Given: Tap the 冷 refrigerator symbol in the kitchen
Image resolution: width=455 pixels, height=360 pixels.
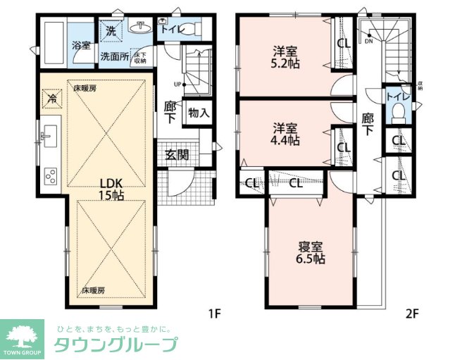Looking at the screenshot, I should (x=51, y=99).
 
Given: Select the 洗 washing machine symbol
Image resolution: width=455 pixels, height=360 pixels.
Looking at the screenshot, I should (x=111, y=30).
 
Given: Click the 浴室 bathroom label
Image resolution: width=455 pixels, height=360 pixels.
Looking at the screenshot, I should (x=80, y=46).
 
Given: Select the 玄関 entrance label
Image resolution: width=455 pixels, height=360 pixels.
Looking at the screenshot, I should (x=177, y=155).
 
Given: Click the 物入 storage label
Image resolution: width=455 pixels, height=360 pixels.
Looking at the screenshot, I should (x=199, y=113).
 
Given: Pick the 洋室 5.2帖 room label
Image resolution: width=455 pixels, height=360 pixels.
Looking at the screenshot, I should (x=287, y=57).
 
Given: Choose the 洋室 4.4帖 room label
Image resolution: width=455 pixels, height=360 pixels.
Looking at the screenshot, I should (x=287, y=134).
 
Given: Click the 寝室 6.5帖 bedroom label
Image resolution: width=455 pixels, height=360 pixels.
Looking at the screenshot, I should (x=310, y=252).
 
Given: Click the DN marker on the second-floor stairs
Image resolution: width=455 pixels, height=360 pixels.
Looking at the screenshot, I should (x=368, y=41).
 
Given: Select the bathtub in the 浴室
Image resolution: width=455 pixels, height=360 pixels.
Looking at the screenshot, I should (x=54, y=35).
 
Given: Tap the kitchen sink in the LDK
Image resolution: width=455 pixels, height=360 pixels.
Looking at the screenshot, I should (x=49, y=135).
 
